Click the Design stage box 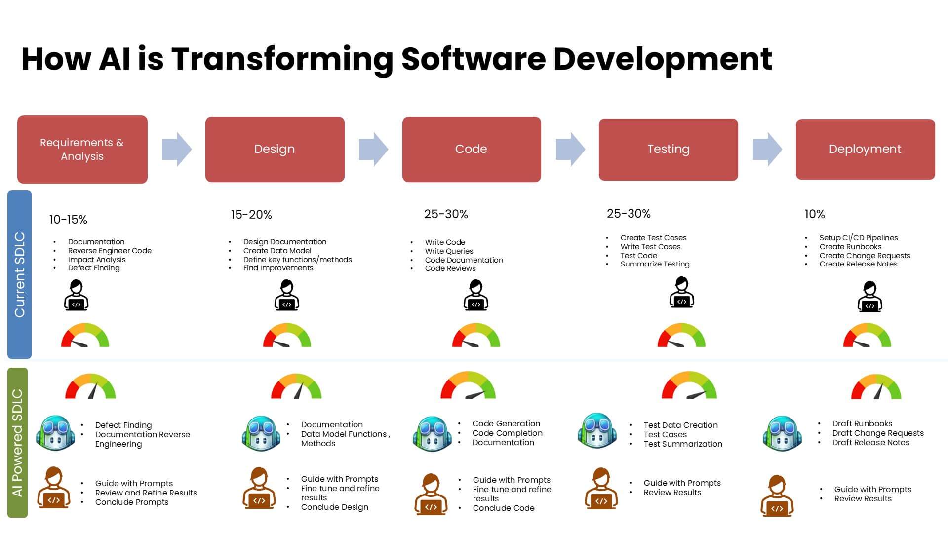pyautogui.click(x=275, y=149)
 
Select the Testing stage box pyautogui.click(x=668, y=149)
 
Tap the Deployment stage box pyautogui.click(x=865, y=149)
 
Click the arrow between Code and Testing pyautogui.click(x=570, y=149)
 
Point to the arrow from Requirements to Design pyautogui.click(x=176, y=149)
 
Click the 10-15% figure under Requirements pyautogui.click(x=68, y=220)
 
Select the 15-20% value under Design pyautogui.click(x=251, y=215)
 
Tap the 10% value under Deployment pyautogui.click(x=815, y=214)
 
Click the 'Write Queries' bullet pyautogui.click(x=449, y=251)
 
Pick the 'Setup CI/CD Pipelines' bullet pyautogui.click(x=858, y=238)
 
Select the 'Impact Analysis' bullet pyautogui.click(x=97, y=260)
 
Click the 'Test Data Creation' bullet pyautogui.click(x=680, y=425)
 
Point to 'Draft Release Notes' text pyautogui.click(x=870, y=443)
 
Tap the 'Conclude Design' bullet pyautogui.click(x=334, y=507)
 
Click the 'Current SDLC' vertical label pyautogui.click(x=20, y=274)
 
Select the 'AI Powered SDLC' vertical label pyautogui.click(x=18, y=443)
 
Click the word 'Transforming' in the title pyautogui.click(x=282, y=59)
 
